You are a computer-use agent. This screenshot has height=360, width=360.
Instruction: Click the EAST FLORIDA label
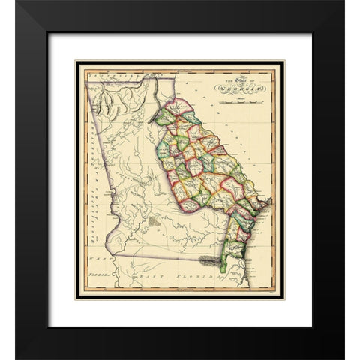(181, 277)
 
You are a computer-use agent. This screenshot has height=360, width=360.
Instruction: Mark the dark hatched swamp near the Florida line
(212, 261)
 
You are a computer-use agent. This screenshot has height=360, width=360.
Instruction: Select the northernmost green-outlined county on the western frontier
(165, 118)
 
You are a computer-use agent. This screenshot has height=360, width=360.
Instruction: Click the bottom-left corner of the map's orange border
(77, 296)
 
